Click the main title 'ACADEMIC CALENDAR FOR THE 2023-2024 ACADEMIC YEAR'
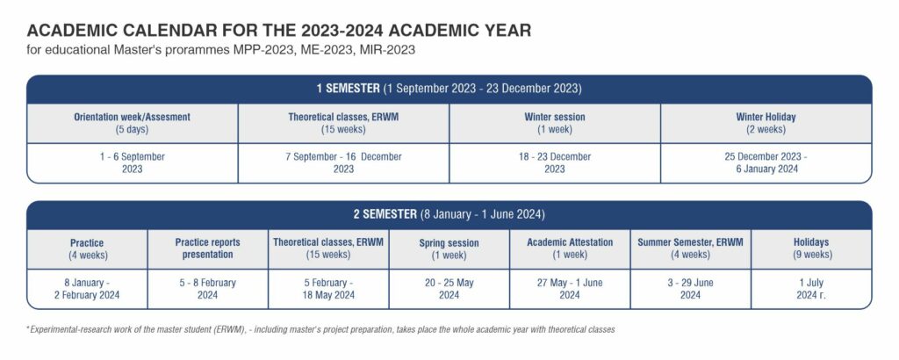279,31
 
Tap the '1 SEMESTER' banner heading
348,89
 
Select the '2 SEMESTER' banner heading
385,215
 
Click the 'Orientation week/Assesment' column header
133,123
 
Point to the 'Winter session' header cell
555,123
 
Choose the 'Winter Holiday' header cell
766,123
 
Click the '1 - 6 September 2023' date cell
133,162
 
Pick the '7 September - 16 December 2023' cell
343,162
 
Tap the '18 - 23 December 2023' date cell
555,162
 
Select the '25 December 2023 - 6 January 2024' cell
766,162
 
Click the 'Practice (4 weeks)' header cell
87,249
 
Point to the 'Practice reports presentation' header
207,249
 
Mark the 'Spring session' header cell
449,249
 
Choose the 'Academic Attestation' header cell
570,249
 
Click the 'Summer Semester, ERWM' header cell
690,249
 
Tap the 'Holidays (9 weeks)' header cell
811,249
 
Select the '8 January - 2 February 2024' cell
87,289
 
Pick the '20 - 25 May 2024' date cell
449,289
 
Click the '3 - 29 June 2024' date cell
690,289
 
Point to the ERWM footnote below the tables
320,330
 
